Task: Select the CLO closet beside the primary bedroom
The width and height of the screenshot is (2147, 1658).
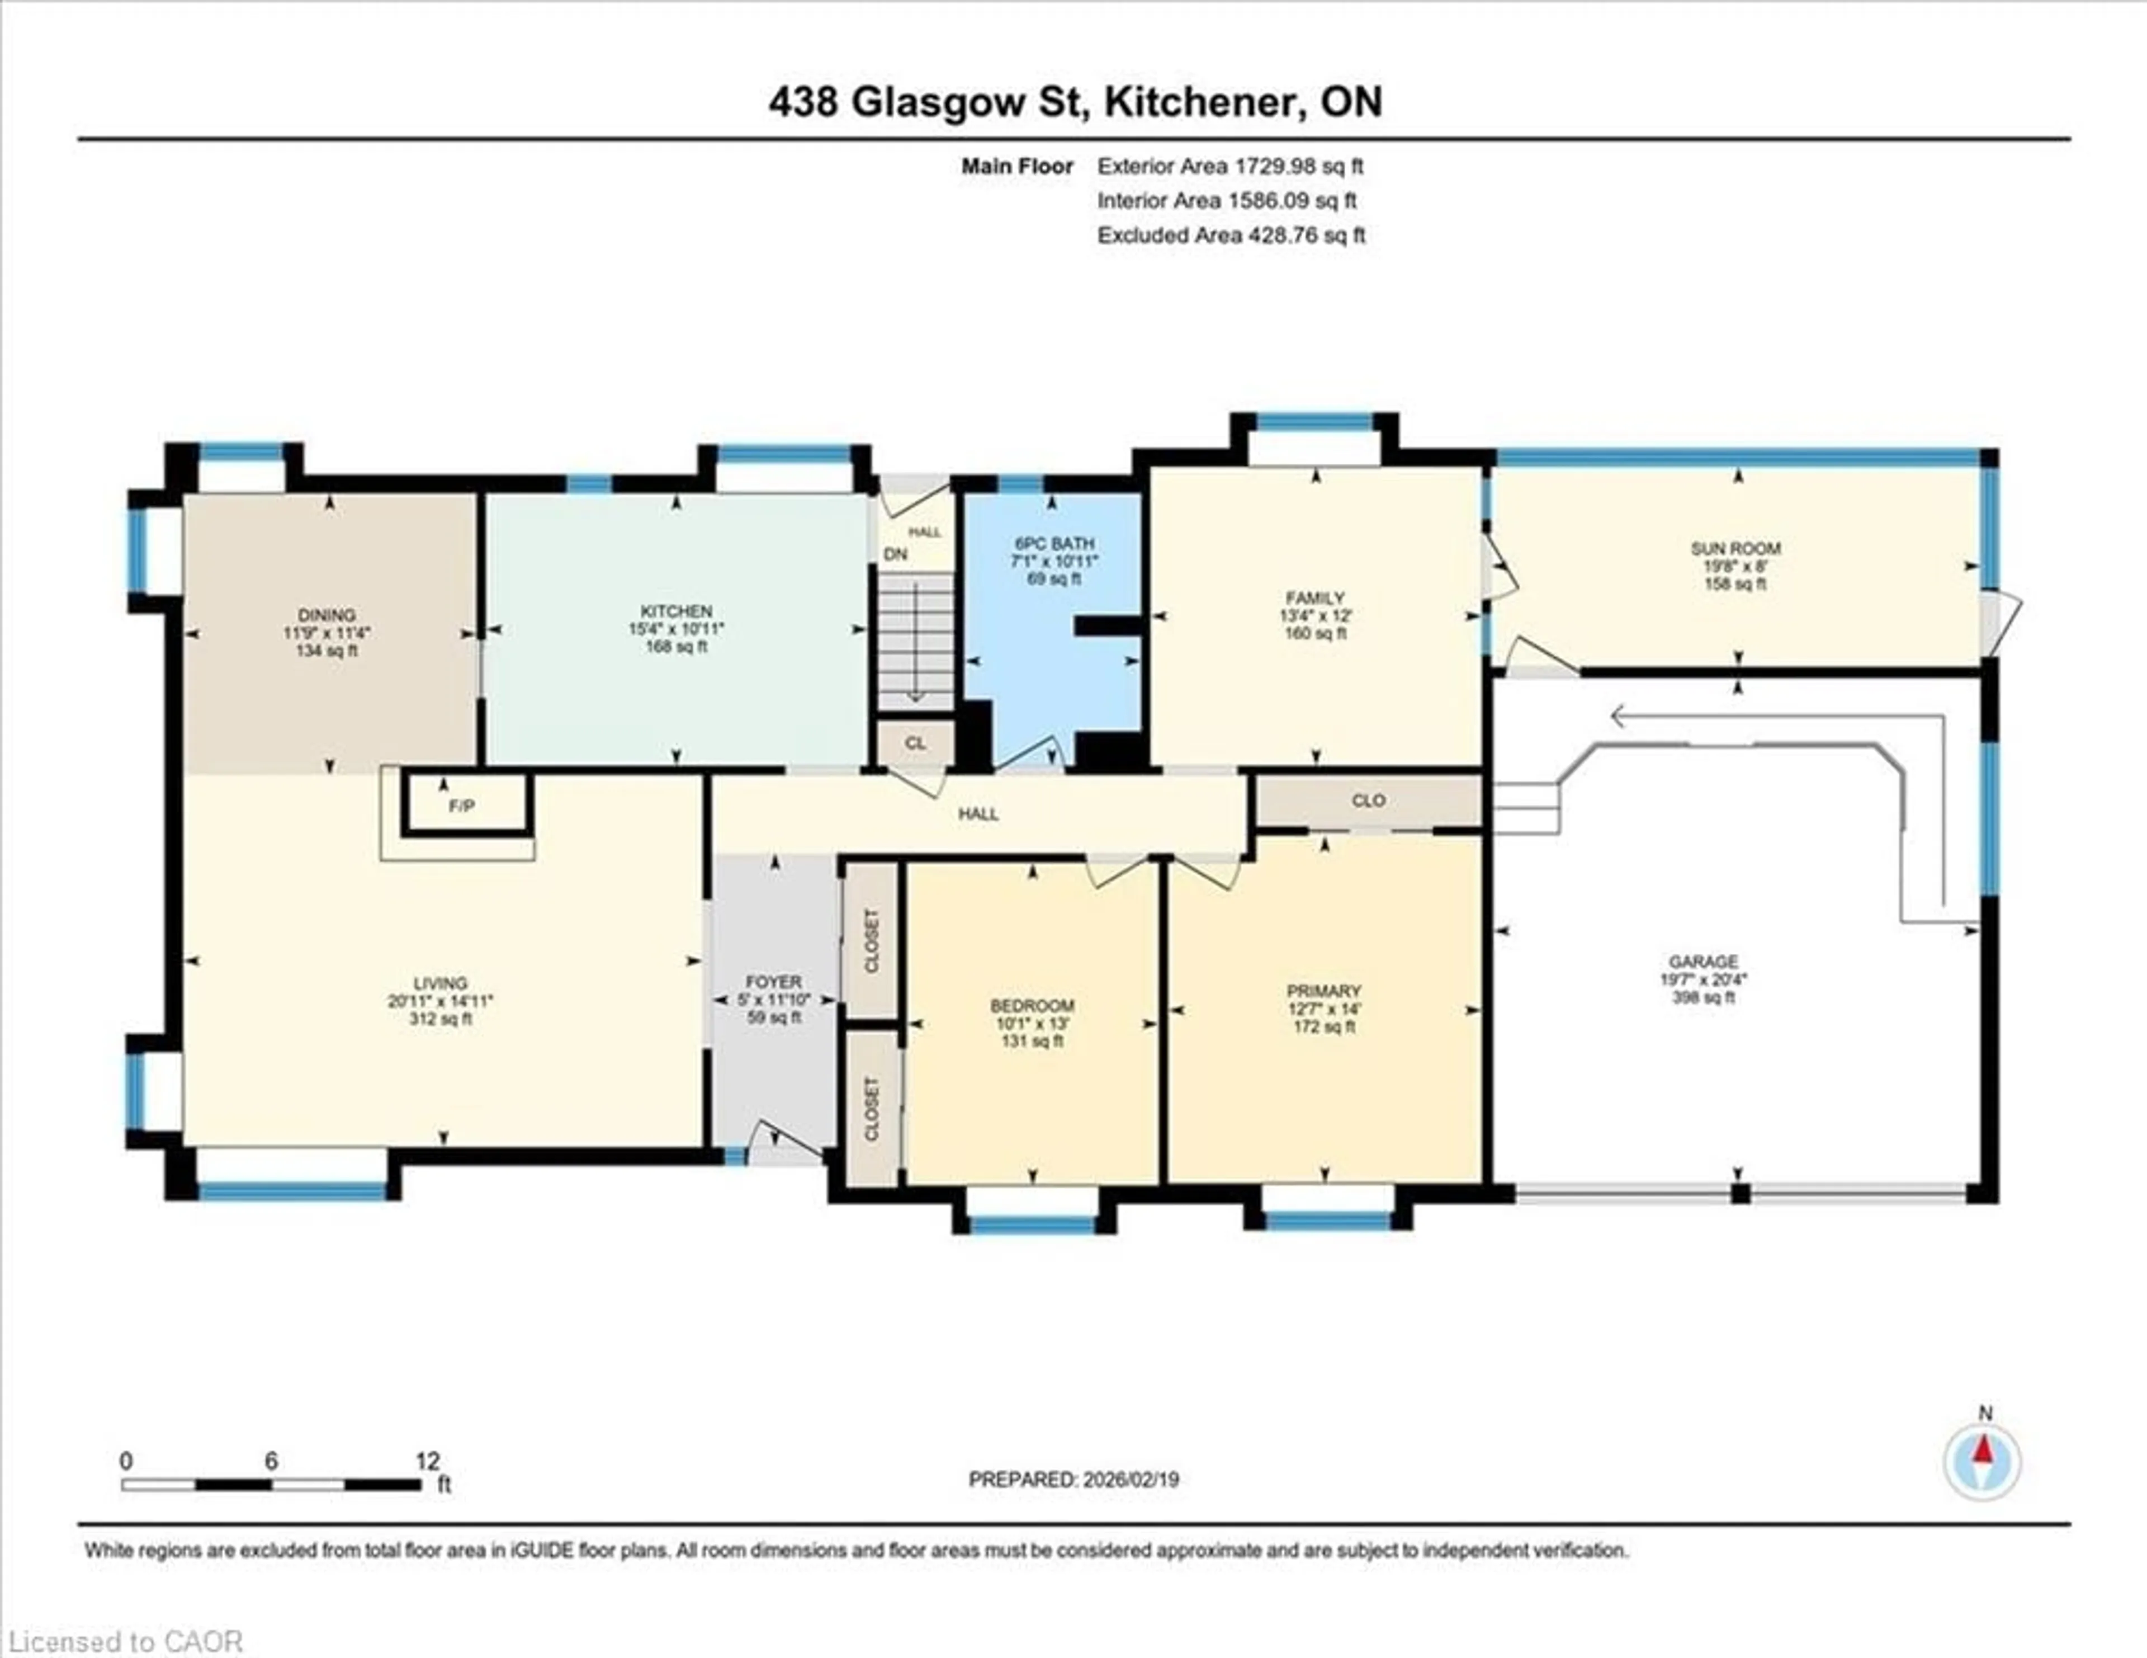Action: pos(1368,800)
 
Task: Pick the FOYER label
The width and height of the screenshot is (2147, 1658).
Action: pos(774,981)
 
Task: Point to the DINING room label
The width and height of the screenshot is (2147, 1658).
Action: pos(327,615)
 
